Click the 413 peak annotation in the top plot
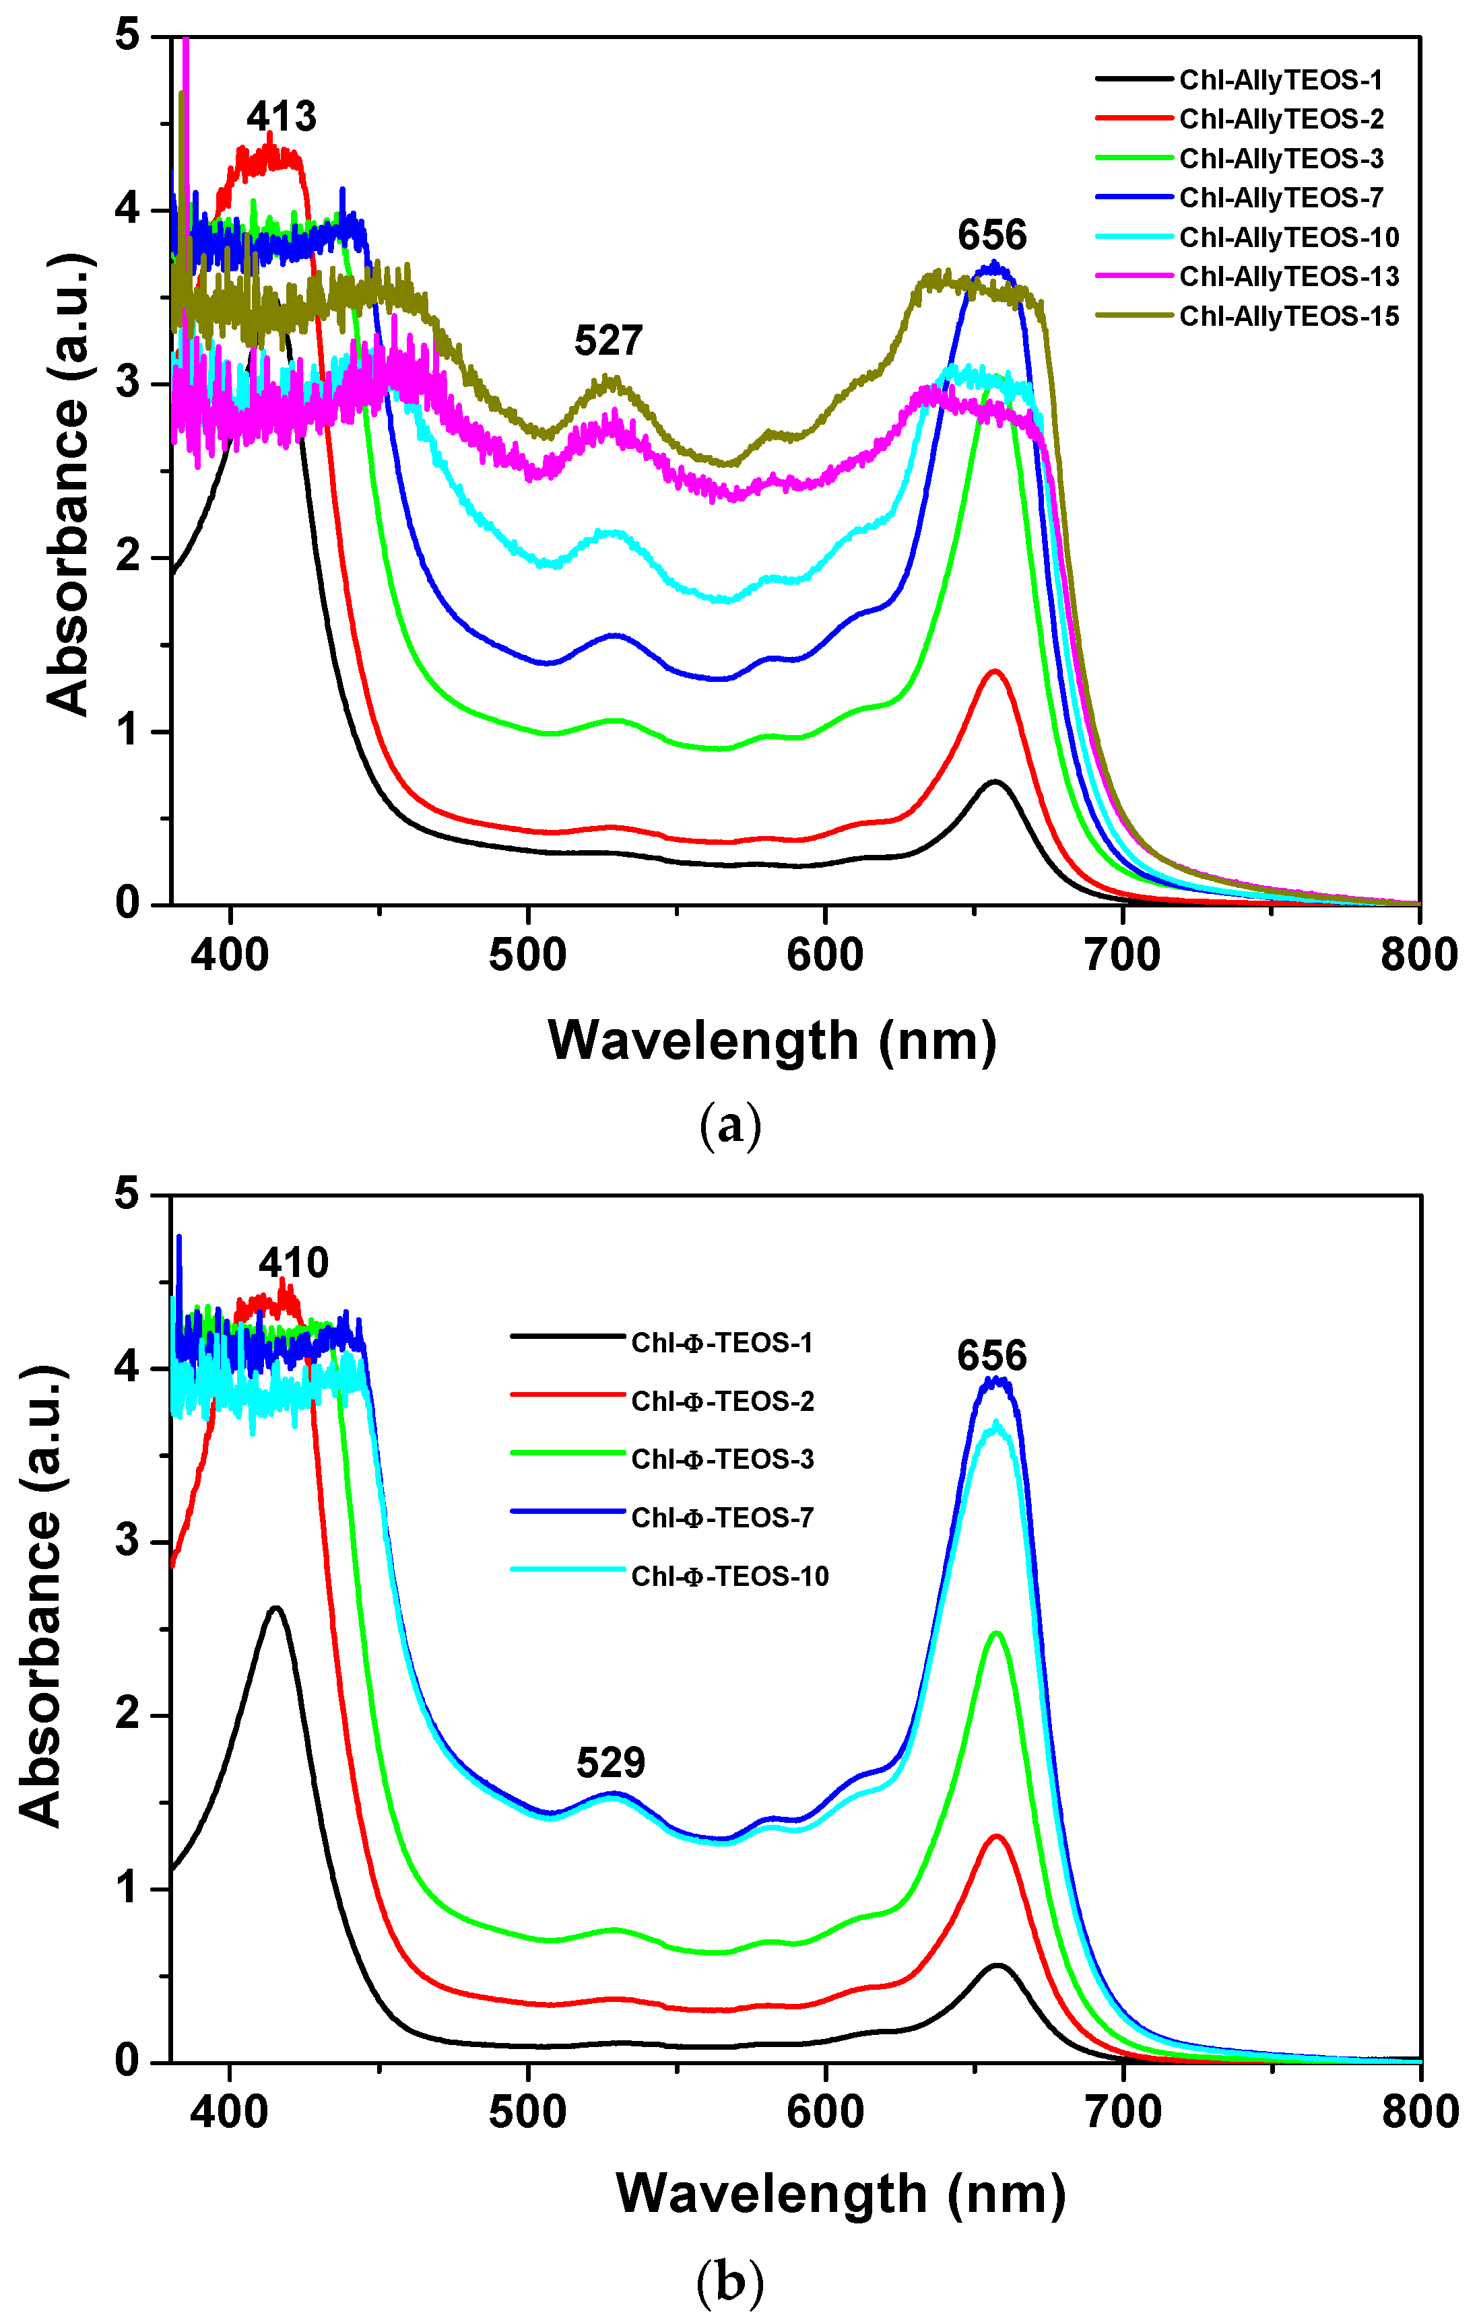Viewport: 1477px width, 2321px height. [x=281, y=116]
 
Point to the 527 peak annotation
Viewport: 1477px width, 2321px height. [x=608, y=340]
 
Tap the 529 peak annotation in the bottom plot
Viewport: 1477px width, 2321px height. [x=610, y=1763]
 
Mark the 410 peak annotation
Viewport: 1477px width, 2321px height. [x=293, y=1263]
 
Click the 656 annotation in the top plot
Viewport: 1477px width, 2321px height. [x=992, y=235]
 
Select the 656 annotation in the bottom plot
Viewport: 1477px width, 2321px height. [x=992, y=1356]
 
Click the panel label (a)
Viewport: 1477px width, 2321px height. [x=730, y=1124]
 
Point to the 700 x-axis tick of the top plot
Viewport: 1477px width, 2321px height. [x=1122, y=955]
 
